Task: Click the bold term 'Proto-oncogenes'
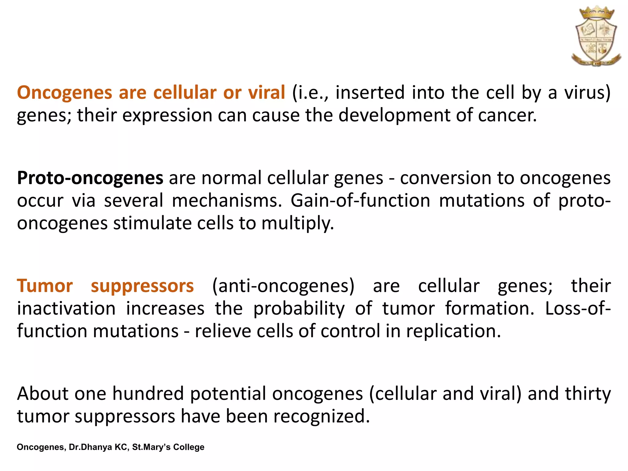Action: click(90, 178)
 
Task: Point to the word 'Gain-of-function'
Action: click(361, 201)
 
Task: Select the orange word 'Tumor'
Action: click(45, 286)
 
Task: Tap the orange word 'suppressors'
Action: click(142, 286)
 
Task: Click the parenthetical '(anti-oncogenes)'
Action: click(283, 286)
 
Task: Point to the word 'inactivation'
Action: click(66, 308)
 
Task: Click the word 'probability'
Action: click(299, 308)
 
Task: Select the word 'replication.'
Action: click(454, 331)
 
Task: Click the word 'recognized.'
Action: click(322, 416)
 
